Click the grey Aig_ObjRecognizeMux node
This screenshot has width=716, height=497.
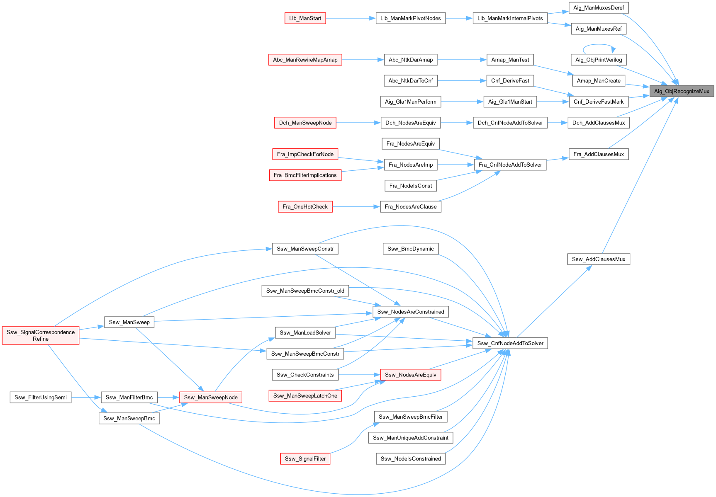pos(682,91)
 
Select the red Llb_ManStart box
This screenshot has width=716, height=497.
pos(305,18)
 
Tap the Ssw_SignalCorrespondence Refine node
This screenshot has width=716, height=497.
pos(41,335)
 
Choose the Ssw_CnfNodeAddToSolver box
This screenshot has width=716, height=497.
pos(510,343)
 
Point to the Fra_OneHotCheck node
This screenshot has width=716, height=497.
pos(305,206)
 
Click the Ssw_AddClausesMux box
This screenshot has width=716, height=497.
pos(599,259)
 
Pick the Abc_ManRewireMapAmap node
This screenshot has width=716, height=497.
pos(305,60)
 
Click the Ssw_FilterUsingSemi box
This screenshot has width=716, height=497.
pos(41,397)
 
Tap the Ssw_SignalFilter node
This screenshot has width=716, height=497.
pos(305,458)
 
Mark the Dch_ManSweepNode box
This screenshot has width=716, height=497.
pos(305,123)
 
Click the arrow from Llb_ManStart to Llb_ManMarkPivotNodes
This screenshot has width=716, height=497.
pos(351,18)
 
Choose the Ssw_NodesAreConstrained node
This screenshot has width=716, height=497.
pos(411,312)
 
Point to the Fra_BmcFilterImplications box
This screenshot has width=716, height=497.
pos(305,175)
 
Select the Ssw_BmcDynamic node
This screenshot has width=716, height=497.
pos(411,249)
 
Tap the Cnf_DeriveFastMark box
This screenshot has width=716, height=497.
pos(599,102)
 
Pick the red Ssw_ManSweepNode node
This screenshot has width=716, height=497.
pos(211,397)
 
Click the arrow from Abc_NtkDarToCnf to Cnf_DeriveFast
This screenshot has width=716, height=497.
pos(462,81)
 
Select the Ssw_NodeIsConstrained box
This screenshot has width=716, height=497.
pos(411,458)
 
